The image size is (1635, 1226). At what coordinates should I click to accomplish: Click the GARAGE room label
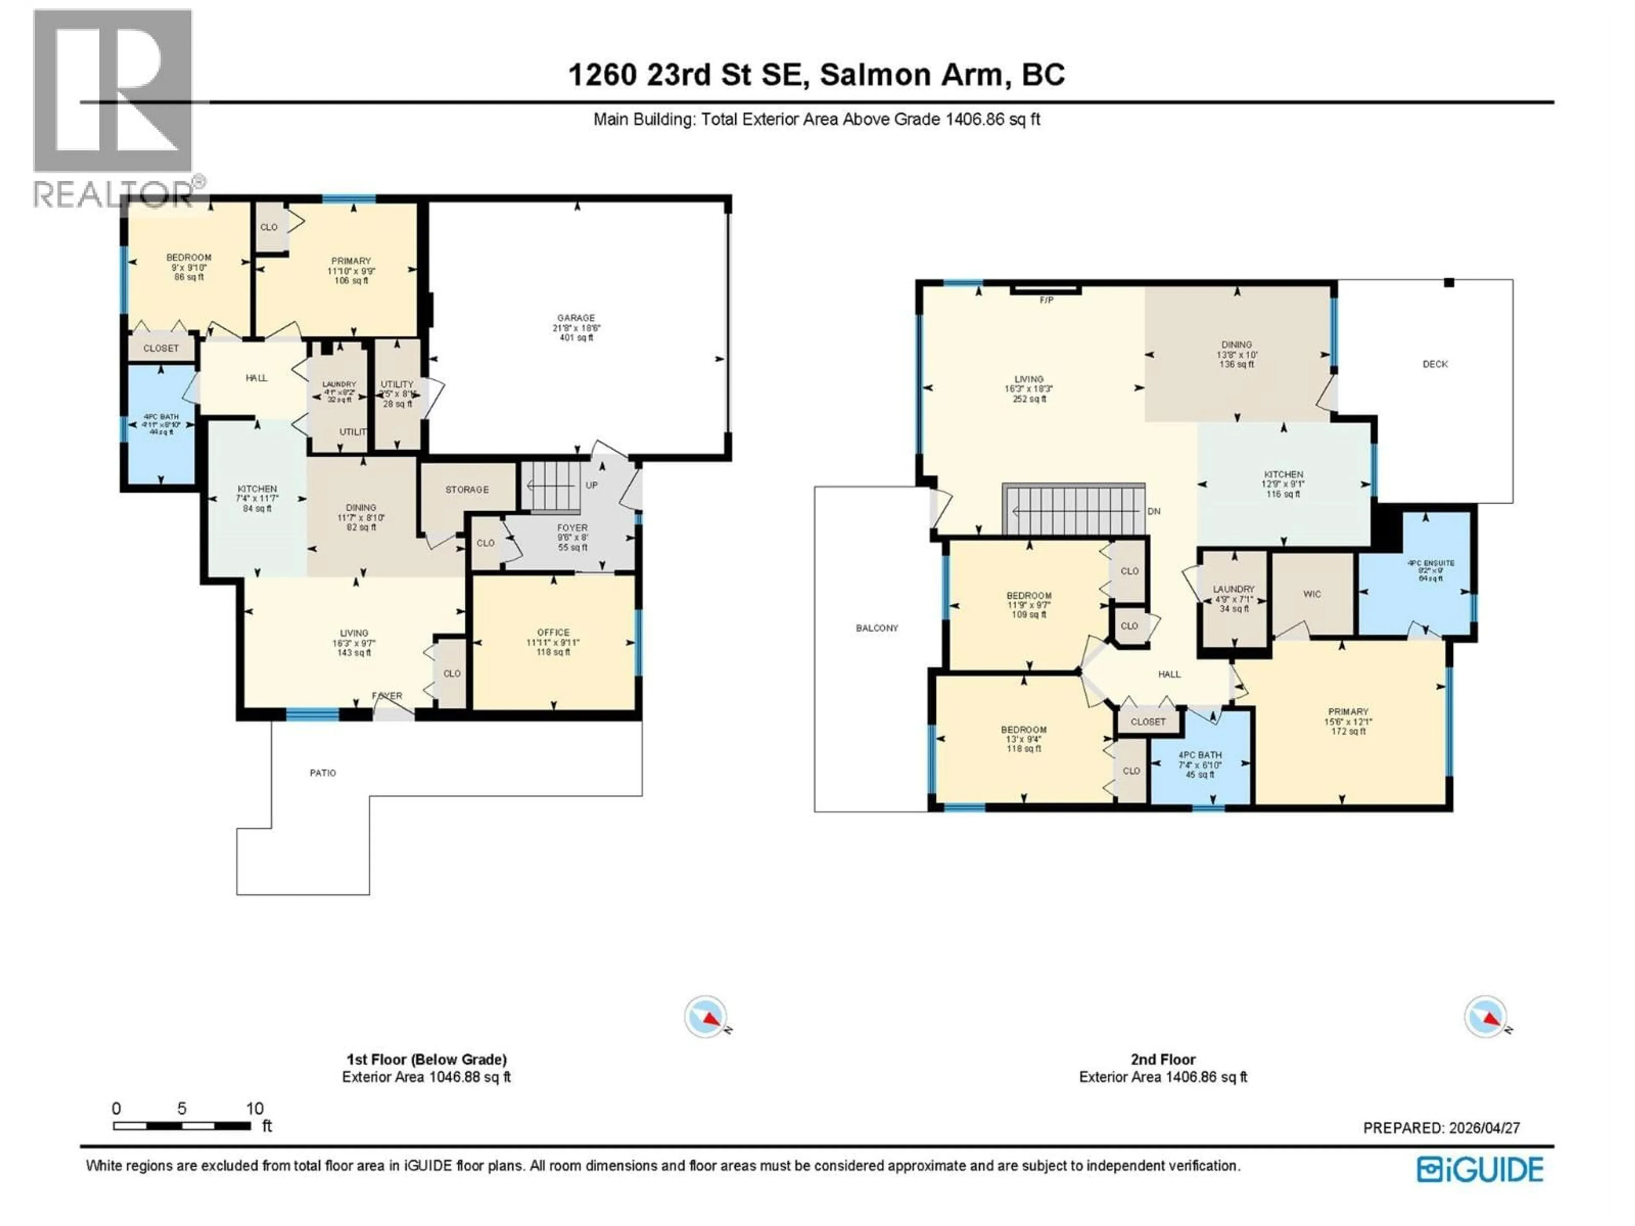click(575, 318)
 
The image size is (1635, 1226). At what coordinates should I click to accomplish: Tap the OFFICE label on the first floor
click(553, 633)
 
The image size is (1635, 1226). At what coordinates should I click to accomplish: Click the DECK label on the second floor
click(1435, 364)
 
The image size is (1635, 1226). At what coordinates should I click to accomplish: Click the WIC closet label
click(1311, 594)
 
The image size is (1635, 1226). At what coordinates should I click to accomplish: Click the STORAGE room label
click(466, 490)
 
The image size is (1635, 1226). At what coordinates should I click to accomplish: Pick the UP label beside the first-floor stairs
click(591, 486)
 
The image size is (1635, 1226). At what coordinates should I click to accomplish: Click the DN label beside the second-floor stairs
click(1154, 511)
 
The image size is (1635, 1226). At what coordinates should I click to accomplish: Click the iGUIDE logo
click(1480, 1170)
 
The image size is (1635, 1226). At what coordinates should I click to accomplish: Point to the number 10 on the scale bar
click(254, 1109)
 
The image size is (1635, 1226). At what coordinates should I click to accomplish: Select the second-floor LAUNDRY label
click(1233, 589)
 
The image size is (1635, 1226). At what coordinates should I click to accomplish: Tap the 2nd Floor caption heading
click(1163, 1060)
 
